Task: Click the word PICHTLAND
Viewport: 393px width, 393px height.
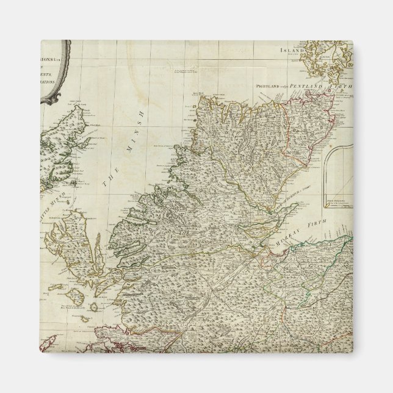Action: (x=270, y=88)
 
